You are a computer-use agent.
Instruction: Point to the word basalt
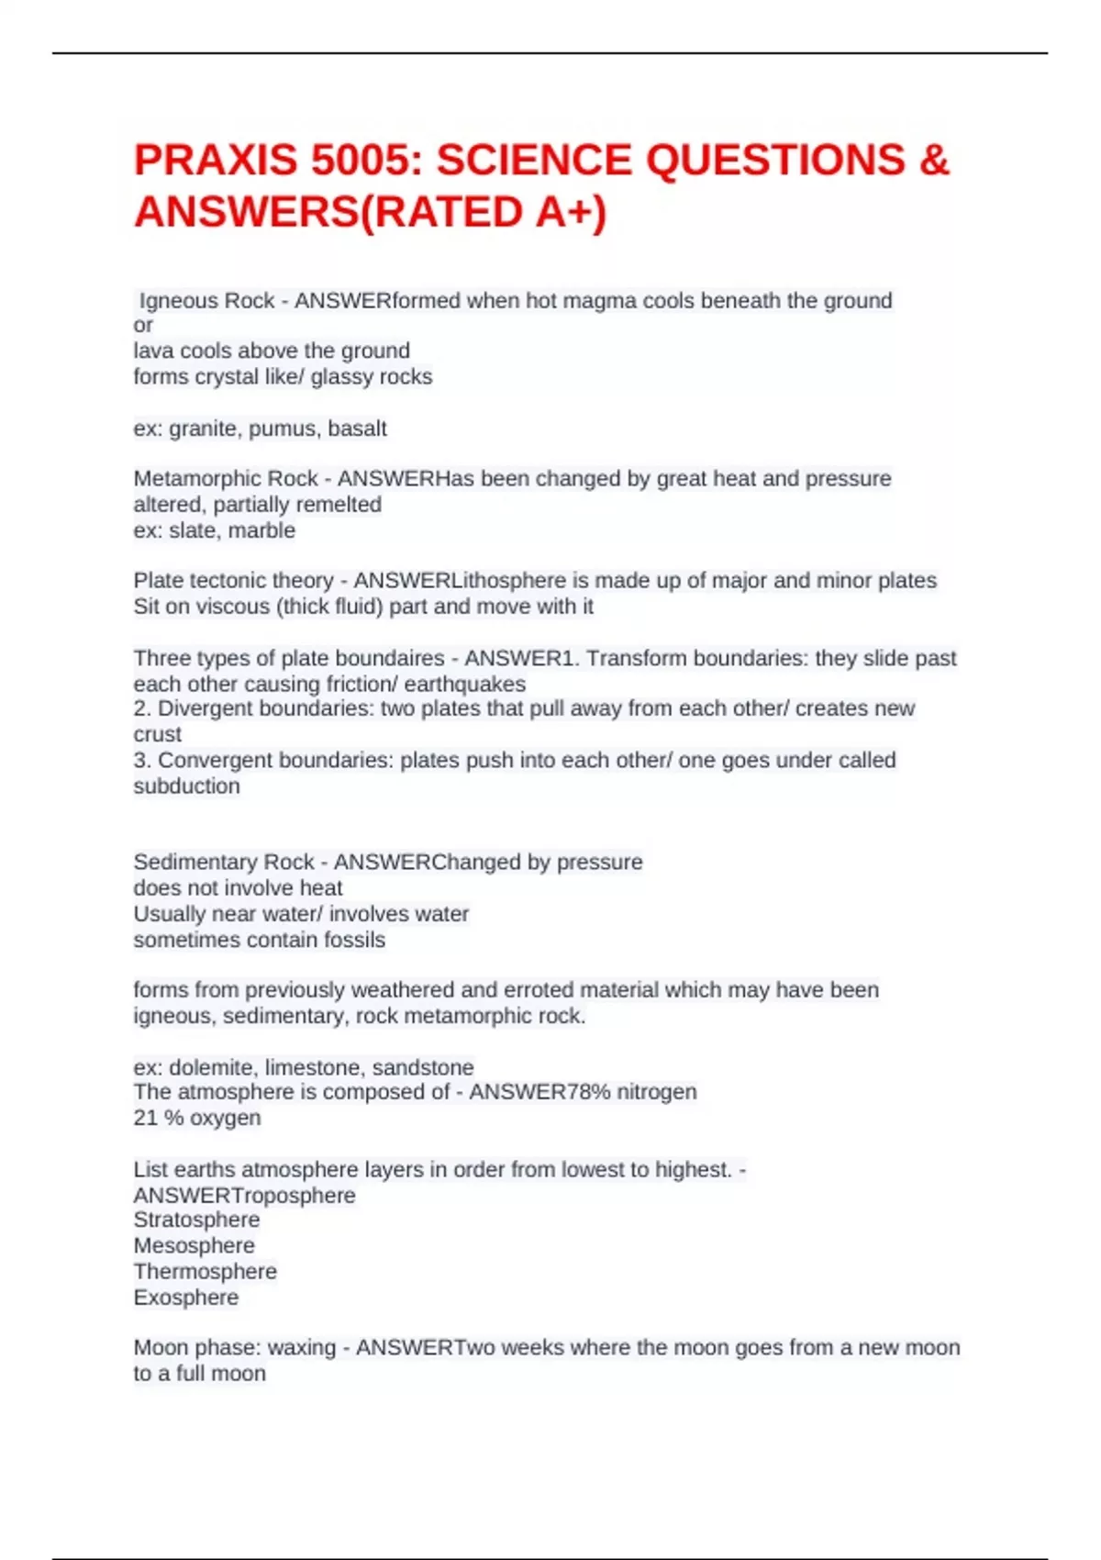coord(357,429)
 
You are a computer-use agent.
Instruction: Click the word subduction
coord(186,786)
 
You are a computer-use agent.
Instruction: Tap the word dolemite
coord(211,1067)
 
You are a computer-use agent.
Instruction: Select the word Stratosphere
coord(196,1220)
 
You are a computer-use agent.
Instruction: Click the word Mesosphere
coord(194,1246)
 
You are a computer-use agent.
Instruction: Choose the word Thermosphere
coord(205,1272)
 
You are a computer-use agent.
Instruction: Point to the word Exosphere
coord(185,1298)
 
